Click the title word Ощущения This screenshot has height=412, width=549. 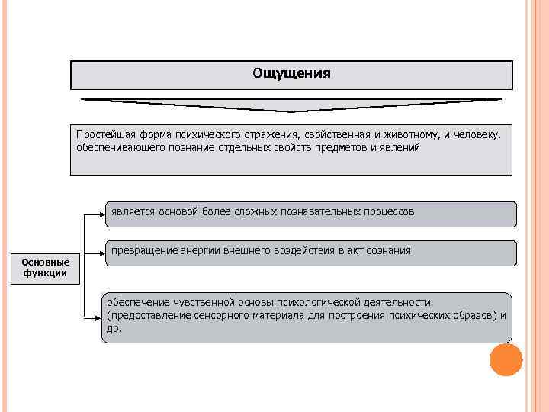coord(291,74)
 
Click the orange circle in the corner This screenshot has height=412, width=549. coord(506,359)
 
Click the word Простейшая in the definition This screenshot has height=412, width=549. coord(101,134)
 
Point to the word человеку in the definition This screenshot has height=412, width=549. coord(478,134)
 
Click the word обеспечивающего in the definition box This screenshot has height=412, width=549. coord(115,146)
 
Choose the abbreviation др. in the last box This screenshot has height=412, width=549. coord(114,328)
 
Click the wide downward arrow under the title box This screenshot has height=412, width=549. coord(291,105)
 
